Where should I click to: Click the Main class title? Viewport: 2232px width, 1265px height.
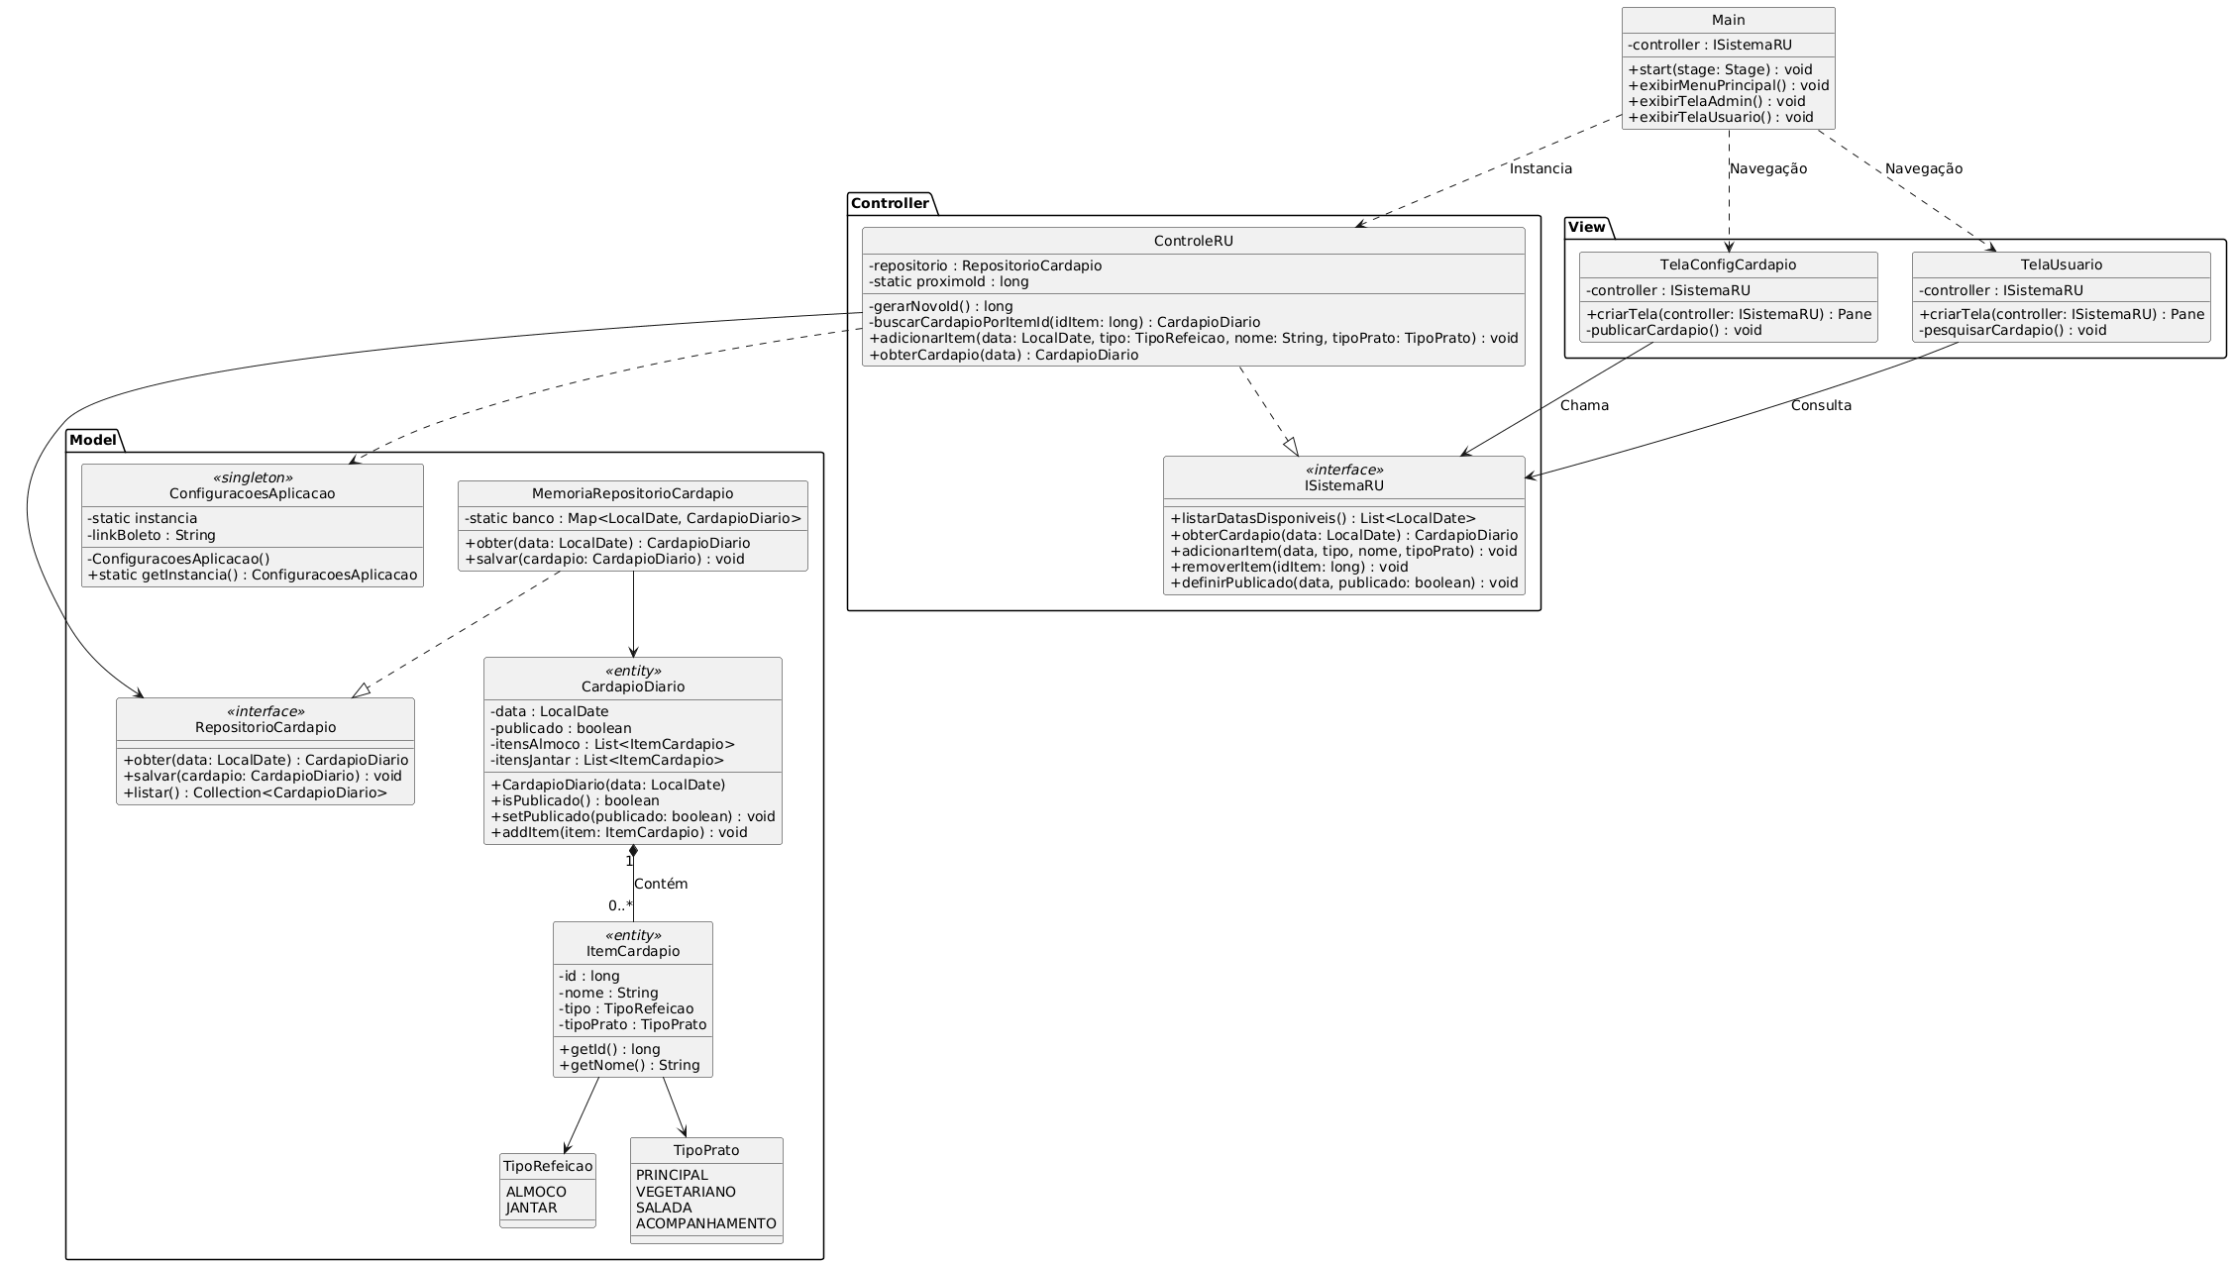pos(1728,20)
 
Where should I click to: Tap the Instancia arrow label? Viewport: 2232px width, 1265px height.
pos(1541,168)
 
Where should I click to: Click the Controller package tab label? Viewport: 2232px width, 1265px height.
pos(890,204)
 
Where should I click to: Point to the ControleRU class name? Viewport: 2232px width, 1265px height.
pos(1193,240)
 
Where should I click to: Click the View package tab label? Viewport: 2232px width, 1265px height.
pos(1587,227)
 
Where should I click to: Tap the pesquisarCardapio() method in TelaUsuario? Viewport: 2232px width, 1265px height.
pos(2012,330)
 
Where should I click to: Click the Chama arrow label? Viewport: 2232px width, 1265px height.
pos(1584,405)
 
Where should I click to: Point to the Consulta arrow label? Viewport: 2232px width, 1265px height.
pos(1820,405)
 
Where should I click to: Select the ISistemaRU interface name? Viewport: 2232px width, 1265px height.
pos(1343,485)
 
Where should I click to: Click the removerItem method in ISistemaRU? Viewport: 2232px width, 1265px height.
pos(1288,567)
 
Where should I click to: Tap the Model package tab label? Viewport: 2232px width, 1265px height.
pos(92,439)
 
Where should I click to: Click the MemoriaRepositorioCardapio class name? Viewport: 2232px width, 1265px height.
pos(632,493)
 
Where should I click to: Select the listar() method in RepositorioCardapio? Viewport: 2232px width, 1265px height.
pos(255,792)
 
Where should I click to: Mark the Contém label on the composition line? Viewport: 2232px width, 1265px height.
pos(660,884)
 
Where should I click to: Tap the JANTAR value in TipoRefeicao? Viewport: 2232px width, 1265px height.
pos(531,1208)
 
